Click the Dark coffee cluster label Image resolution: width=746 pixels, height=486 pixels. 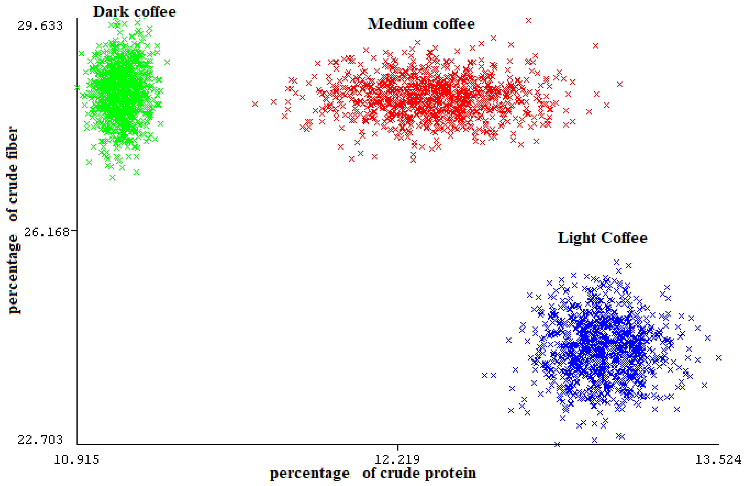click(x=134, y=12)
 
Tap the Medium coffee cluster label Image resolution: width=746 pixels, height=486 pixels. click(x=421, y=24)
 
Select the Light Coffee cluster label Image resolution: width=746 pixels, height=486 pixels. click(x=602, y=238)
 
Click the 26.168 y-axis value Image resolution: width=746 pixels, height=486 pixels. click(x=46, y=232)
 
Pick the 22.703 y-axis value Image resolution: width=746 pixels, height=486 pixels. click(x=40, y=440)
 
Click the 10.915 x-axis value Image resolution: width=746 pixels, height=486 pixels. click(x=76, y=460)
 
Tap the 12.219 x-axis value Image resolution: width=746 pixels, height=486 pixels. click(x=397, y=460)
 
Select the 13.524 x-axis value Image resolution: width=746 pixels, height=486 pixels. click(x=718, y=460)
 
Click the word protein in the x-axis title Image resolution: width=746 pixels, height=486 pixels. click(x=450, y=473)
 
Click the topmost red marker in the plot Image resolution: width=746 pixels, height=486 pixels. click(x=529, y=21)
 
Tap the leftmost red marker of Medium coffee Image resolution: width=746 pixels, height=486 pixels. click(x=255, y=104)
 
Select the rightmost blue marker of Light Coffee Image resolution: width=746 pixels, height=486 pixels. click(x=719, y=358)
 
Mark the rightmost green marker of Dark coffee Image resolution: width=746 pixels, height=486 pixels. click(x=167, y=62)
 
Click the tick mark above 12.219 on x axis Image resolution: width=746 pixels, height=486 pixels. click(x=398, y=447)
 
